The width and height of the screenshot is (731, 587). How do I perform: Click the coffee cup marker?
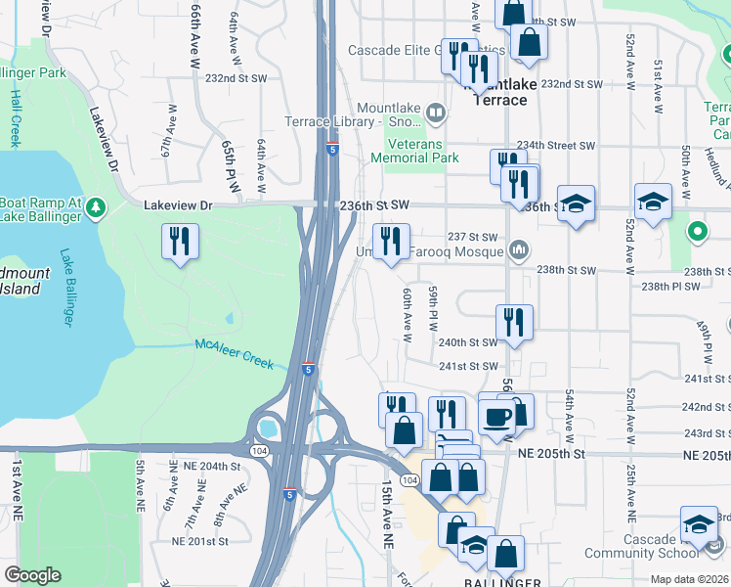[497, 416]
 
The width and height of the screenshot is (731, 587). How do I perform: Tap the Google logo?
[32, 575]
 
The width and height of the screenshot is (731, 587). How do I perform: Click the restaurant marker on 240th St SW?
[513, 321]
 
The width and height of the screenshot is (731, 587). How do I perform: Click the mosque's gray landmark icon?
[519, 251]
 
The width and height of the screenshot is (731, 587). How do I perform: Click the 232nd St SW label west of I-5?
[236, 78]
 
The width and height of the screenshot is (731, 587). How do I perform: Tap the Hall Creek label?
[16, 117]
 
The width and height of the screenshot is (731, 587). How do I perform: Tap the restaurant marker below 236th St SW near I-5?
[391, 241]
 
